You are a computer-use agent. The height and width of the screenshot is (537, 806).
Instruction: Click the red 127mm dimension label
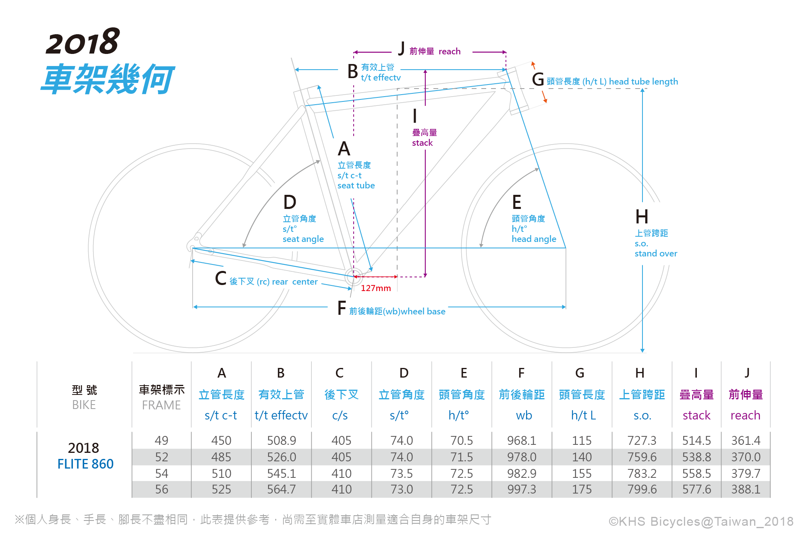tap(375, 288)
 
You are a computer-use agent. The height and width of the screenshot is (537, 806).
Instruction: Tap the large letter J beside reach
tap(401, 49)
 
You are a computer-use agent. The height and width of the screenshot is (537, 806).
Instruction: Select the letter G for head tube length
tap(538, 80)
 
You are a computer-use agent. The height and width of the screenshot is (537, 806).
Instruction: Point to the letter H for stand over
tap(642, 217)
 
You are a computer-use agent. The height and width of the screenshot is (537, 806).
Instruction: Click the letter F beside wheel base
tap(342, 308)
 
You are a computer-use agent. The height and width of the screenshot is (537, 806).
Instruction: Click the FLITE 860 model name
tap(85, 464)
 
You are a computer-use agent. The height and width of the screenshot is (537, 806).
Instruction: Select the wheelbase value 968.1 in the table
tap(522, 440)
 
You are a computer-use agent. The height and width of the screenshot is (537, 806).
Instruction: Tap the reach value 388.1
tap(746, 489)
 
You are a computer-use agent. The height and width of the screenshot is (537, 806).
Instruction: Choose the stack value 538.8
tap(696, 457)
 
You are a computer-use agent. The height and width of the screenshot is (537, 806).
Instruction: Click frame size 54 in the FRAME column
tap(162, 473)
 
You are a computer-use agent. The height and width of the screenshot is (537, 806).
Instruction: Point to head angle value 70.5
tap(462, 440)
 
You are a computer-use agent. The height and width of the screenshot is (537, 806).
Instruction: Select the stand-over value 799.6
tap(642, 489)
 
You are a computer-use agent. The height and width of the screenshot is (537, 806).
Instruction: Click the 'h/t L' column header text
tap(583, 415)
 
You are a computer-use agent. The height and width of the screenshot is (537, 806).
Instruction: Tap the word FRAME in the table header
tap(161, 405)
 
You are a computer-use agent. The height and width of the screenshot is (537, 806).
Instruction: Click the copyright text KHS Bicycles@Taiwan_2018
tap(701, 521)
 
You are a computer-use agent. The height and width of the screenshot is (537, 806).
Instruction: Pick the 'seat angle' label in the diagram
tap(303, 239)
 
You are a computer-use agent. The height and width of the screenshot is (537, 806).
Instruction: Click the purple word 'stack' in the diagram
tap(422, 143)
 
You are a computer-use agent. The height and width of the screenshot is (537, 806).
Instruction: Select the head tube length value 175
tap(582, 489)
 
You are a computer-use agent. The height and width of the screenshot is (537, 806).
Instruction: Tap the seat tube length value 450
tap(221, 440)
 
